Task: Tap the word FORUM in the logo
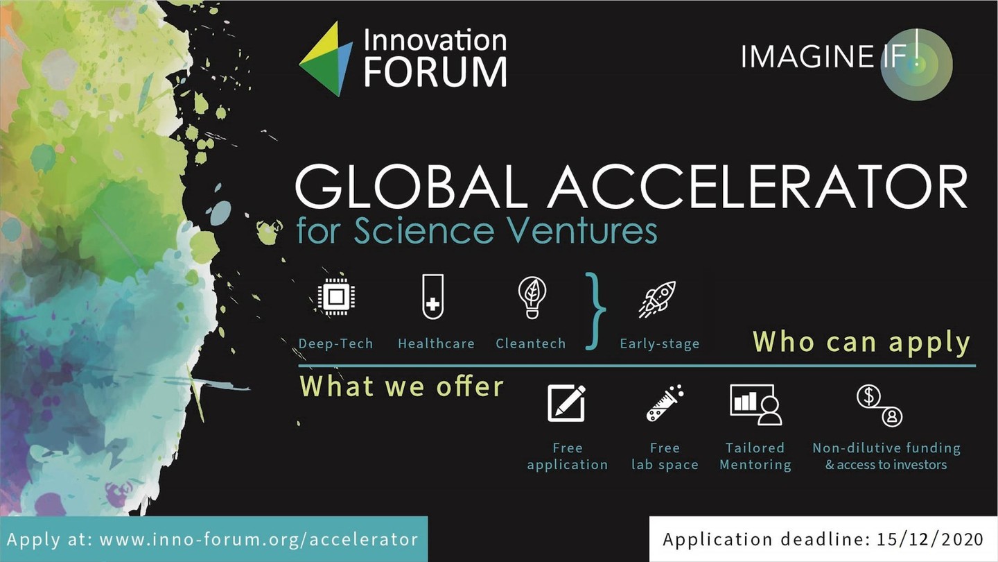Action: pyautogui.click(x=436, y=71)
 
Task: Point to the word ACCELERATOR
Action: pyautogui.click(x=758, y=187)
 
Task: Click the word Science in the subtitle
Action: pyautogui.click(x=424, y=230)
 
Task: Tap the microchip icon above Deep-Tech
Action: pyautogui.click(x=336, y=296)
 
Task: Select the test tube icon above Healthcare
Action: pyautogui.click(x=432, y=297)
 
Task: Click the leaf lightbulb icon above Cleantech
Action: pyautogui.click(x=532, y=298)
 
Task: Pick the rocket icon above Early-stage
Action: pyautogui.click(x=658, y=299)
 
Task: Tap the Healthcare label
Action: pyautogui.click(x=436, y=343)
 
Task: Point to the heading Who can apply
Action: pyautogui.click(x=861, y=343)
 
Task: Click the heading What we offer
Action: pyautogui.click(x=401, y=386)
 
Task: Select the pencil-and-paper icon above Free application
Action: pyautogui.click(x=566, y=403)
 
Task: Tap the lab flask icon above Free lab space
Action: pyautogui.click(x=665, y=402)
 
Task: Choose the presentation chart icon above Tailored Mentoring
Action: pyautogui.click(x=756, y=405)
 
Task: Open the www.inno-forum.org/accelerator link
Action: pyautogui.click(x=259, y=539)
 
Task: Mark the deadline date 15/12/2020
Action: pyautogui.click(x=930, y=539)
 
